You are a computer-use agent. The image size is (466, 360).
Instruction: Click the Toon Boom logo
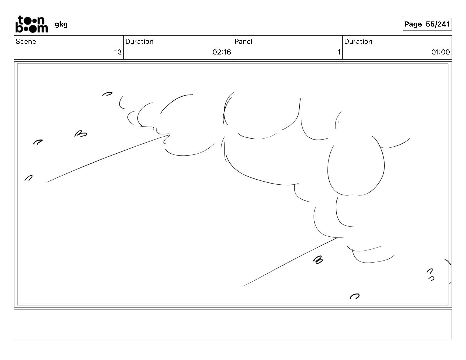pos(31,24)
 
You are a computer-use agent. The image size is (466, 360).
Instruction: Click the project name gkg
pos(61,24)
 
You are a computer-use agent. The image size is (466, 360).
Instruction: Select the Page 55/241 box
pos(427,24)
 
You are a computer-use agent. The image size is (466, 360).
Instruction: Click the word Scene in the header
pos(26,42)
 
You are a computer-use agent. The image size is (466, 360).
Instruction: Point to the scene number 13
pos(117,52)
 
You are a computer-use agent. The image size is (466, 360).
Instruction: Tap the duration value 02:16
pos(222,52)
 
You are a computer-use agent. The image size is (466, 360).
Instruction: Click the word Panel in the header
pos(243,42)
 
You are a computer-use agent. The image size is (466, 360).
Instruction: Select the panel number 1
pos(339,52)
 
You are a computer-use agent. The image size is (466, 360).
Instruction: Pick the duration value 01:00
pos(440,52)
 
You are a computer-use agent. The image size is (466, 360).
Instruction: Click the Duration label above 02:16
pos(139,42)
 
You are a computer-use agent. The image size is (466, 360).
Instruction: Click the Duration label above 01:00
pos(358,42)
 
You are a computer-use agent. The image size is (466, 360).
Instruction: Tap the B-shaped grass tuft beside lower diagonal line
pos(318,260)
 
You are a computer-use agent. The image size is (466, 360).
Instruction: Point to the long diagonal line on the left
pos(107,158)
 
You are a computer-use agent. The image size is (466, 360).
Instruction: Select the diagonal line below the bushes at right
pos(290,262)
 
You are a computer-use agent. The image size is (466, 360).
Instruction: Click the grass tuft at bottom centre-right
pos(354,296)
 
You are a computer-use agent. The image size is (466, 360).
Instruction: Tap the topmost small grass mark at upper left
pos(107,94)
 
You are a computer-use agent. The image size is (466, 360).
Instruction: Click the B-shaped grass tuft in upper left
pos(81,134)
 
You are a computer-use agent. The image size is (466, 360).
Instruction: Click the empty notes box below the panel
pos(233,324)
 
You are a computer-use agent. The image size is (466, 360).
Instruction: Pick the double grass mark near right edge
pos(430,275)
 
